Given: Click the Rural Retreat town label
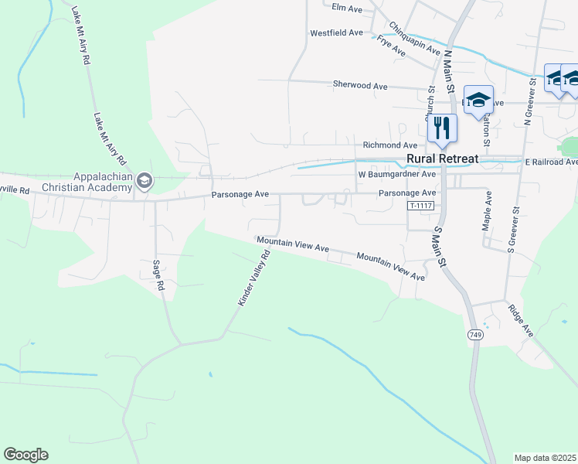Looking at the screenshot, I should [442, 159].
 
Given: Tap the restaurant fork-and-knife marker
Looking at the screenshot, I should [442, 127].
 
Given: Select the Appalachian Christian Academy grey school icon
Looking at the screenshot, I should [144, 182].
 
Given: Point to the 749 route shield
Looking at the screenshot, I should [475, 334].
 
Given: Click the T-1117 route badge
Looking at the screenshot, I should [421, 206].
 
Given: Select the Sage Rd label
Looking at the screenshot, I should [159, 275].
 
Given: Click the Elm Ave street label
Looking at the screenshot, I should [346, 9].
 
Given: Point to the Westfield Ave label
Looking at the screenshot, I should [336, 33].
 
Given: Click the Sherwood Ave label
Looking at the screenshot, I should [359, 85].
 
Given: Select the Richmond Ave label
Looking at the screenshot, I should [390, 145].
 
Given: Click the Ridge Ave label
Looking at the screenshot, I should [521, 319].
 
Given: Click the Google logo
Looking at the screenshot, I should [25, 455].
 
